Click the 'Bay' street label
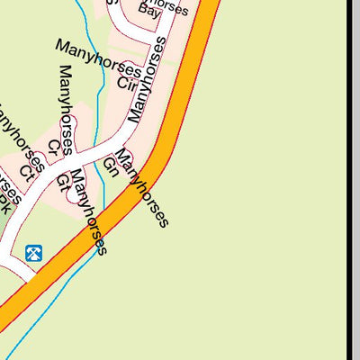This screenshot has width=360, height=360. click(149, 13)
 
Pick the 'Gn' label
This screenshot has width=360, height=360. click(111, 166)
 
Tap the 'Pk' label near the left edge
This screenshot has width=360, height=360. click(4, 203)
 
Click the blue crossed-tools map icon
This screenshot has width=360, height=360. click(34, 254)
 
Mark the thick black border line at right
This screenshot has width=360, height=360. click(348, 180)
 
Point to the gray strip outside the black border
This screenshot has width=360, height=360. click(356, 180)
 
